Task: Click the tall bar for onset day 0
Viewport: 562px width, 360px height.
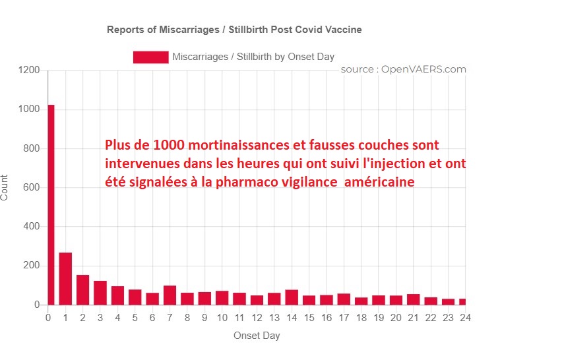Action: click(x=50, y=204)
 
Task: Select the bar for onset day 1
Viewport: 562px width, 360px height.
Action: click(x=65, y=279)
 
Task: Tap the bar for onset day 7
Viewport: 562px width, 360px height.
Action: click(x=170, y=295)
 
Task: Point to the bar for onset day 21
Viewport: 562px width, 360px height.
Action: click(x=413, y=299)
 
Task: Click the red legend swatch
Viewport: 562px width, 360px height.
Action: click(x=150, y=57)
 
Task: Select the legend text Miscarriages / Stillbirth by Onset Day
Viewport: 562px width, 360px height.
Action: click(x=253, y=57)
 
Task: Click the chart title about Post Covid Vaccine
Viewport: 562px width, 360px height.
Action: click(x=234, y=30)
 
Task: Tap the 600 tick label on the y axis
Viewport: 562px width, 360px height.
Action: click(x=31, y=188)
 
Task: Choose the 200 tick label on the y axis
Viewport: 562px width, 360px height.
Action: click(x=31, y=266)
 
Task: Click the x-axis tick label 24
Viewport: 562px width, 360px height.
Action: click(x=465, y=318)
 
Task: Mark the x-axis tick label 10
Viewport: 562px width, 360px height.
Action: click(x=222, y=318)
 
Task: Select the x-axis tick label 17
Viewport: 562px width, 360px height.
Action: click(x=344, y=318)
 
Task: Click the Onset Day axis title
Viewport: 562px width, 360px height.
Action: click(x=257, y=336)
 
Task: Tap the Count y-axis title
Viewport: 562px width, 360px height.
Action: click(x=5, y=188)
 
